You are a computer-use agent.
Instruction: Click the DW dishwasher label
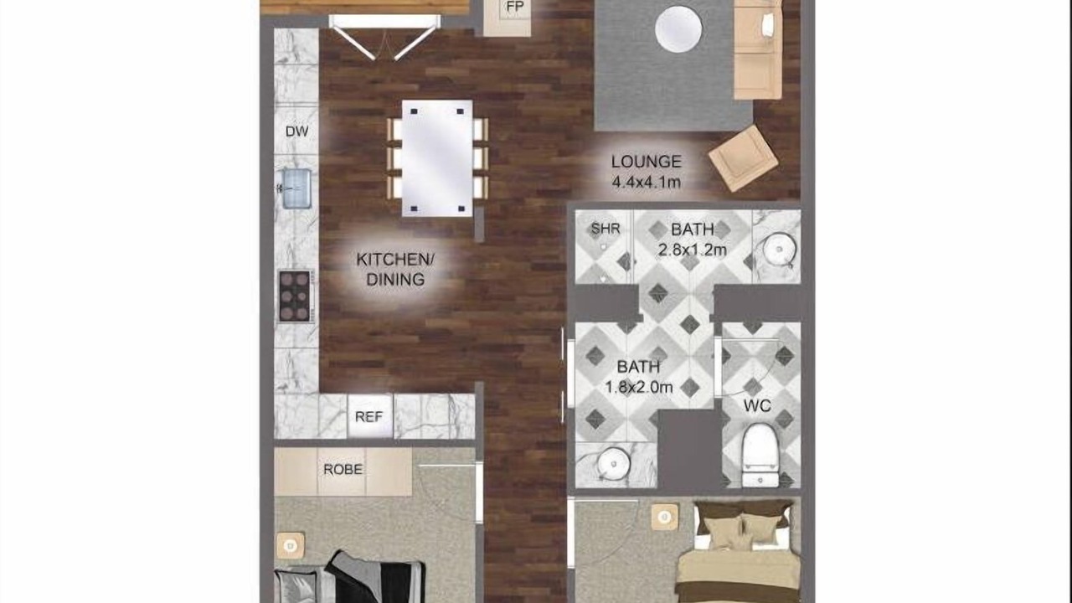296,131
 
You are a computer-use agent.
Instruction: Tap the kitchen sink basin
296,188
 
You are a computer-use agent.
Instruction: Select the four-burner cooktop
295,296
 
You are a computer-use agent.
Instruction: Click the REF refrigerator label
368,417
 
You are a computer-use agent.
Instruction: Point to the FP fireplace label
515,8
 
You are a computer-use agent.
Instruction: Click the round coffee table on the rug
678,28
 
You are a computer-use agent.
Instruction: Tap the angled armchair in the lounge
743,158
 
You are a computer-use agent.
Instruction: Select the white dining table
437,158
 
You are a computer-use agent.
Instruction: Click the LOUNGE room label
646,162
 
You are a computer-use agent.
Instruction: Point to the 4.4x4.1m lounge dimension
646,183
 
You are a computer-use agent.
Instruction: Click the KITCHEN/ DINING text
395,270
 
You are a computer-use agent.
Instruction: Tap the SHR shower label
606,229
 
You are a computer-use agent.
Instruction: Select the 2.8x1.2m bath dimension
693,250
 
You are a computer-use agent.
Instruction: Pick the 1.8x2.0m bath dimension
639,387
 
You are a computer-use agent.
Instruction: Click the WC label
757,406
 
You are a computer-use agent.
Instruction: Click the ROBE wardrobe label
343,470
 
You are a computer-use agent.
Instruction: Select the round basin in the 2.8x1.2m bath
779,250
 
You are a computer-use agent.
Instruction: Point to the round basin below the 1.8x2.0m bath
614,463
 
